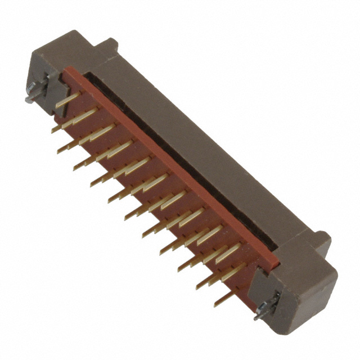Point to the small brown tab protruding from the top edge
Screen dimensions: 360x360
click(107, 44)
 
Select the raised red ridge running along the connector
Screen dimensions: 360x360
click(169, 169)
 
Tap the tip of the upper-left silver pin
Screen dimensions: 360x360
click(26, 101)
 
